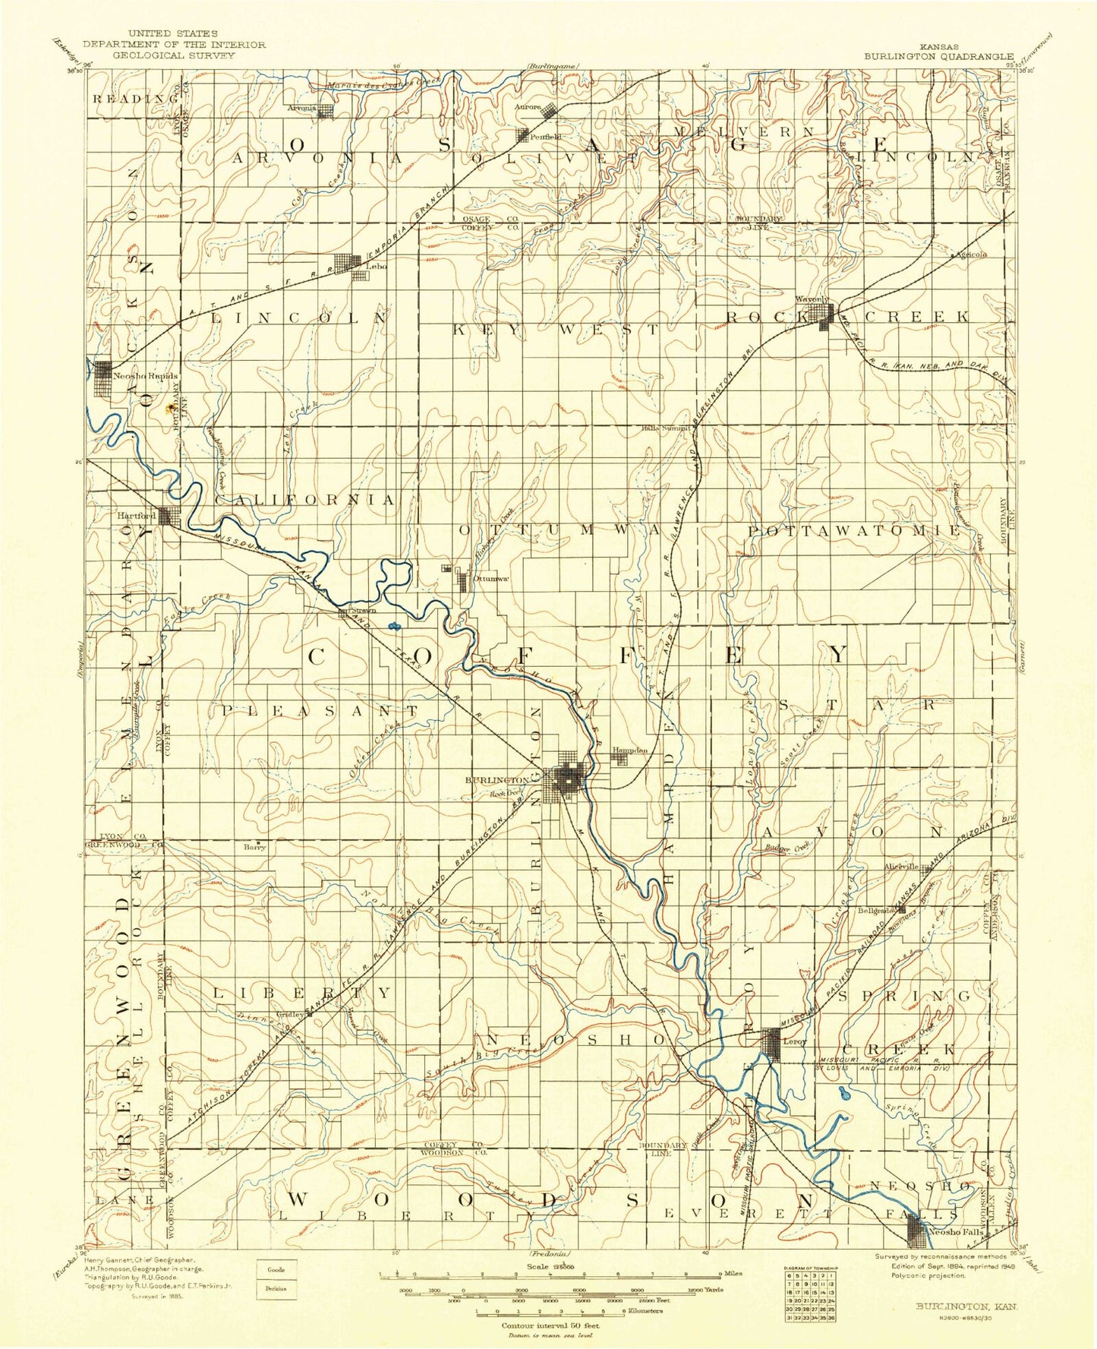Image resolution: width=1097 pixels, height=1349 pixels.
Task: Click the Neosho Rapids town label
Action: point(145,377)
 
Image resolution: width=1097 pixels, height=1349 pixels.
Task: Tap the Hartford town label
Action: point(137,516)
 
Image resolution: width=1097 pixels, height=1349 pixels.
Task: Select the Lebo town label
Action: point(377,267)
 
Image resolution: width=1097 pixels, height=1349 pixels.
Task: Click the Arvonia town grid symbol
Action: point(325,112)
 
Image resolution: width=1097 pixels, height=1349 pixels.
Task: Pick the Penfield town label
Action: point(546,137)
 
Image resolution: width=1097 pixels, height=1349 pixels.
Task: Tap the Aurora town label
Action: point(528,107)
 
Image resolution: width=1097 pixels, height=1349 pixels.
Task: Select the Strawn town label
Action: point(362,610)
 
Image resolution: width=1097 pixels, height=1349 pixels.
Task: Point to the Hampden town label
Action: point(630,750)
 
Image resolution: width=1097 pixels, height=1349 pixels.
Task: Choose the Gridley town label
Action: point(291,1015)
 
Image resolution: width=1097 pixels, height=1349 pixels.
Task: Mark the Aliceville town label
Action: point(902,867)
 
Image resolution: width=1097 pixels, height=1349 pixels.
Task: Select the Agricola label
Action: point(972,255)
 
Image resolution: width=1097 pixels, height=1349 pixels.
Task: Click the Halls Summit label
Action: point(665,428)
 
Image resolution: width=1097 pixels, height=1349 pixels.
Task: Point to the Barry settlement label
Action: point(254,847)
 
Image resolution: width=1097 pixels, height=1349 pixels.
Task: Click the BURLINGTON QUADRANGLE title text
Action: point(938,55)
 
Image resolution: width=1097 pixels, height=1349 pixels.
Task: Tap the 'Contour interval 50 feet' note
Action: point(549,1325)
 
